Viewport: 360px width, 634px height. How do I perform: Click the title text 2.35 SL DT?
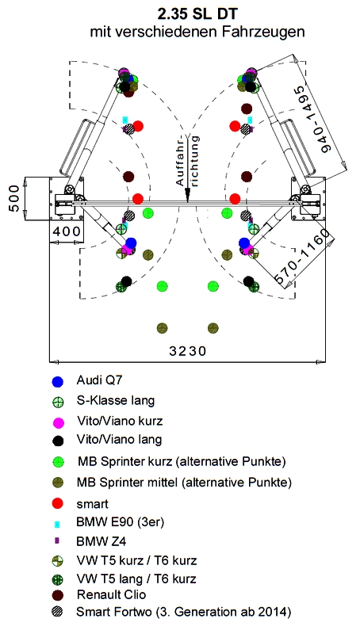[x=197, y=14]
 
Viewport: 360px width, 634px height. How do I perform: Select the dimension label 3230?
[x=188, y=350]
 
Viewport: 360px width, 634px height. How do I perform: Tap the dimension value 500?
[x=13, y=198]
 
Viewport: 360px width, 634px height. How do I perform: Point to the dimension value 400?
[x=67, y=232]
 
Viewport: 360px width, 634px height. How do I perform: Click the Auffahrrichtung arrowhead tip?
[x=187, y=202]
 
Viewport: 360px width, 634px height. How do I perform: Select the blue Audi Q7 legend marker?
[x=58, y=381]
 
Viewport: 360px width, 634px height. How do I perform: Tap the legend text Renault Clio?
[x=111, y=595]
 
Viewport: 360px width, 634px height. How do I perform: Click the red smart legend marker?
[x=58, y=503]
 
